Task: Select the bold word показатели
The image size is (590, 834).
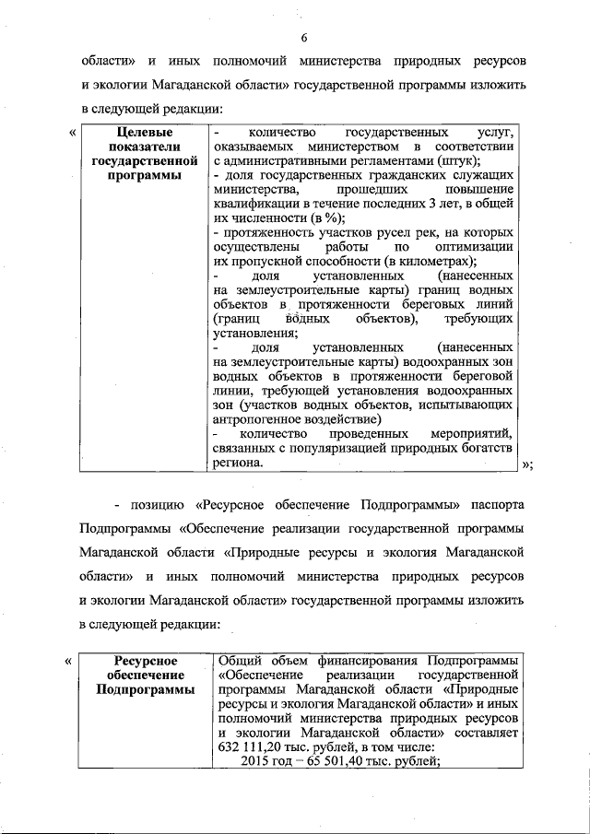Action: point(142,147)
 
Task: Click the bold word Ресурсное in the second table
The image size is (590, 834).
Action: point(145,661)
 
